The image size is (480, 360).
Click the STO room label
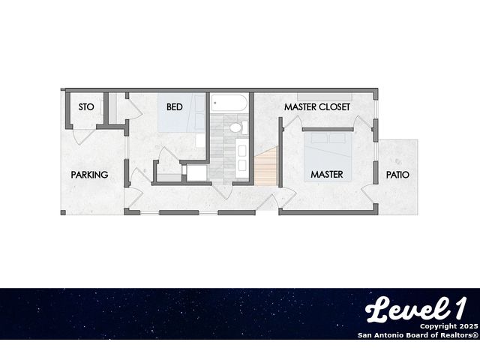coord(86,106)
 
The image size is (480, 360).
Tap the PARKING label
coord(89,175)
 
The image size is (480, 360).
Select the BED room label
coord(175,106)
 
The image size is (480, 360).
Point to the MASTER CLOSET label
coord(316,106)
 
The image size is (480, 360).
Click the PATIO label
coord(397,175)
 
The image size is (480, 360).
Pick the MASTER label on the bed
coord(327,174)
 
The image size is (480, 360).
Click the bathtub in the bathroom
coord(229,103)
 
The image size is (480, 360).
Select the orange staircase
coord(265,166)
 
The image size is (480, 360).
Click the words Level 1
coord(415,309)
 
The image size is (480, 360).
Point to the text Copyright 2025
coord(448,326)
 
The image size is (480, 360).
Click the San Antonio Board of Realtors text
coord(418,335)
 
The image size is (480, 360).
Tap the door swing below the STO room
coord(82,136)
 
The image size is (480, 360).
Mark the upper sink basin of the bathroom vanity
coord(242,151)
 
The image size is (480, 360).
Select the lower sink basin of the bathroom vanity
coord(242,165)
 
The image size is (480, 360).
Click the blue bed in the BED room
coord(181,112)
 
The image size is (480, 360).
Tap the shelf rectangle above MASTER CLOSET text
coord(325,97)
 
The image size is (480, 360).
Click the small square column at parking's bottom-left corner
coord(63,212)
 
